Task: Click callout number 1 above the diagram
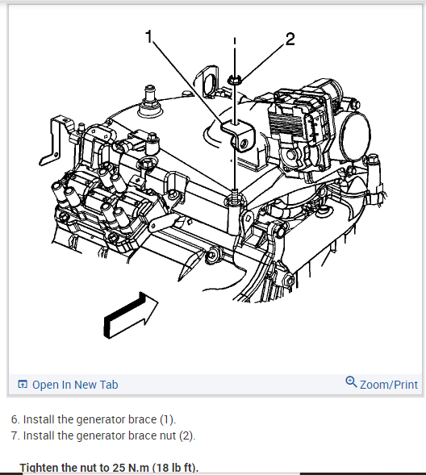coord(148,36)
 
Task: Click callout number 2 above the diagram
coord(290,39)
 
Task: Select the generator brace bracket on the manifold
coord(238,135)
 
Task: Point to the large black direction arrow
coord(130,316)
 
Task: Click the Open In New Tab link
coord(75,385)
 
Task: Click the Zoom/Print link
coord(389,385)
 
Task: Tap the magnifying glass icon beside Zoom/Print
coord(351,381)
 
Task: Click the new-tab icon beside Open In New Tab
coord(23,384)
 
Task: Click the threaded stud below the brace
coord(235,194)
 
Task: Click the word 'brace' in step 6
coord(142,419)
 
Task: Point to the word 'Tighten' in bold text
coord(39,468)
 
